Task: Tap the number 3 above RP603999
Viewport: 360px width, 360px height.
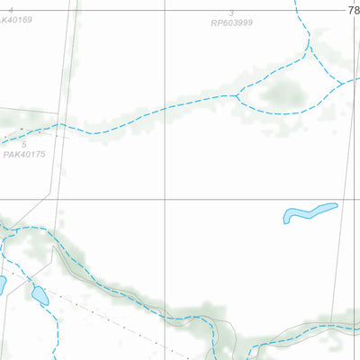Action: coord(231,13)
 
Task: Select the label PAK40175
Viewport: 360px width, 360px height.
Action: coord(23,155)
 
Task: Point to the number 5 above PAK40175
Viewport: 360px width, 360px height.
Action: coord(24,144)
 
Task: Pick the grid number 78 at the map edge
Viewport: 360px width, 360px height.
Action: coord(353,9)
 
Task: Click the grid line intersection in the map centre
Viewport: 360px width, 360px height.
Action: coord(164,200)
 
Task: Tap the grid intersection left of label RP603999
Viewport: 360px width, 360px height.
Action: coord(164,9)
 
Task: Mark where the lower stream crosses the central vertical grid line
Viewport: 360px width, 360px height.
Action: coord(164,312)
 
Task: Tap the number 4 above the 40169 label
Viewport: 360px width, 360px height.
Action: coord(12,9)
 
